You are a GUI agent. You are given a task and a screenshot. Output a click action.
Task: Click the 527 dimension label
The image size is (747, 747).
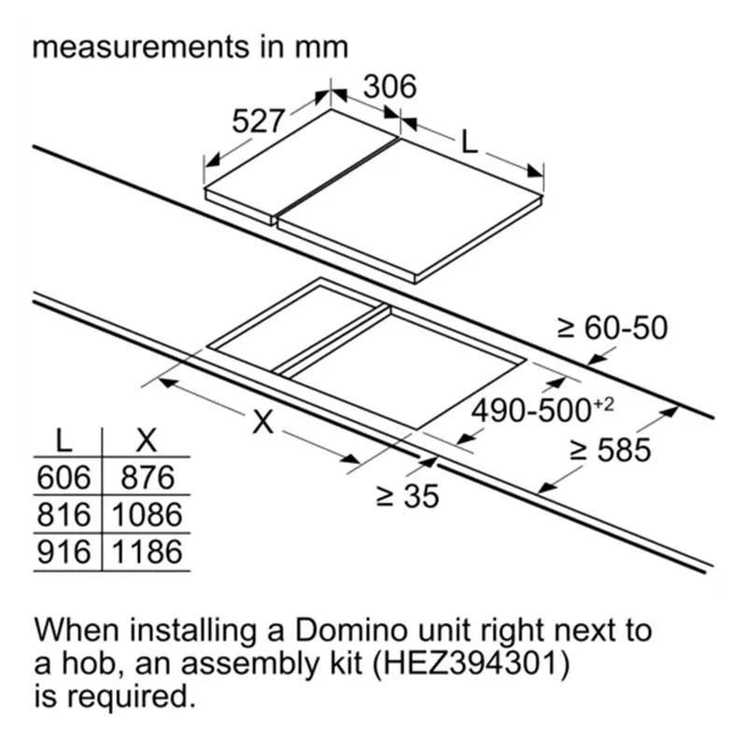258,121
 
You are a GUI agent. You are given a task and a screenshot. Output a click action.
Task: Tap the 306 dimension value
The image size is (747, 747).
389,86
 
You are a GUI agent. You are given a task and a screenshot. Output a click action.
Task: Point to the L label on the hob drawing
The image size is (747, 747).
470,142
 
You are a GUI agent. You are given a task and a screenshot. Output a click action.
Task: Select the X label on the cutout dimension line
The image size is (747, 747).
263,421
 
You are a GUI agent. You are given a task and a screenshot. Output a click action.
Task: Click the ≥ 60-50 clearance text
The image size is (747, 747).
613,328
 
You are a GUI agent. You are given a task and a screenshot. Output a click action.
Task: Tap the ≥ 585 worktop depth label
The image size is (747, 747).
611,450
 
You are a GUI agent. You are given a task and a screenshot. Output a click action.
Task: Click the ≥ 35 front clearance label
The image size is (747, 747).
407,497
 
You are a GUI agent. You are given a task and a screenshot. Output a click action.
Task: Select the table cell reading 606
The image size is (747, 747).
63,477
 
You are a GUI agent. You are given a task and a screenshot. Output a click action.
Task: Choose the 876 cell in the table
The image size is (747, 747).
148,477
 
